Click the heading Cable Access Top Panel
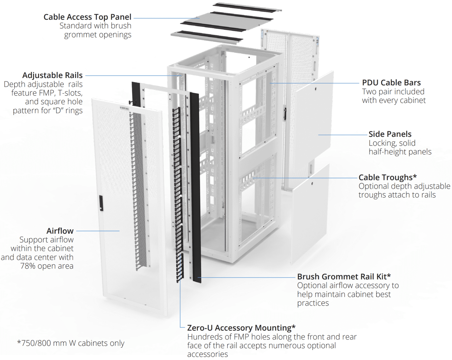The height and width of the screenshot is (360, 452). coord(87,17)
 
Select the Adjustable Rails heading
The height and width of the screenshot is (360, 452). coord(52,75)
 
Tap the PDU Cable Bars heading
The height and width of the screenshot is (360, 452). coord(391,83)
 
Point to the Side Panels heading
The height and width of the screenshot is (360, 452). coord(390,134)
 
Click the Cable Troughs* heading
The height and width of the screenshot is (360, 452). coord(387,177)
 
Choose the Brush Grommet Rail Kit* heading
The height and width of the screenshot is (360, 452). coord(344,276)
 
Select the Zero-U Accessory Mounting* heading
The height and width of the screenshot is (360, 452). coord(241,328)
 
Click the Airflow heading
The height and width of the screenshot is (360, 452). coord(60,231)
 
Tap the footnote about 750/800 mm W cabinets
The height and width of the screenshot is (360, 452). coord(71,343)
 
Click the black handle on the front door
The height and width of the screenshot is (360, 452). coord(101,203)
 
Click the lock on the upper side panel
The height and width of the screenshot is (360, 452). coord(315,89)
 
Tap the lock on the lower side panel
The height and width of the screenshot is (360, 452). coord(312,184)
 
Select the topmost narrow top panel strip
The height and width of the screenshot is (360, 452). coord(247,7)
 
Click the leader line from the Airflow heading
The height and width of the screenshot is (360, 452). coord(98,231)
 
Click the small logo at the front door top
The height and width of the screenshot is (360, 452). coord(124,108)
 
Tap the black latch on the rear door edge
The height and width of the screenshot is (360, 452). coord(285,113)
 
